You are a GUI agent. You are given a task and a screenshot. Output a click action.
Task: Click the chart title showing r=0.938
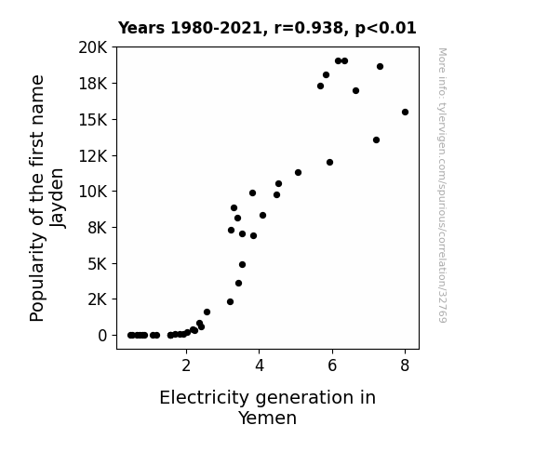[267, 28]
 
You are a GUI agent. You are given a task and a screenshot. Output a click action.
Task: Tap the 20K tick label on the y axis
[93, 47]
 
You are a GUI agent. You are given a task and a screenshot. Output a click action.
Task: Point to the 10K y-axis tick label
[93, 192]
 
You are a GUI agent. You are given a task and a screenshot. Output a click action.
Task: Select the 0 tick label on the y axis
[102, 336]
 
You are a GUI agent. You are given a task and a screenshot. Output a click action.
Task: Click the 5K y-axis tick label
[98, 264]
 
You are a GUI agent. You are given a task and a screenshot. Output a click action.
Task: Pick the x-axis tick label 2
[186, 365]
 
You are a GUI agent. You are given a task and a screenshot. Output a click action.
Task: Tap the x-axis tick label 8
[405, 365]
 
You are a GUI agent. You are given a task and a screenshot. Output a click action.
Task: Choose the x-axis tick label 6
[332, 365]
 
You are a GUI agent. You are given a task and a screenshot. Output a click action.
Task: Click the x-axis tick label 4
[260, 365]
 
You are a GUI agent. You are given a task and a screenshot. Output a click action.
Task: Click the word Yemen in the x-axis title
[268, 418]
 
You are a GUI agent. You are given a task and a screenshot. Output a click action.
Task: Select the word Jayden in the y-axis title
[57, 198]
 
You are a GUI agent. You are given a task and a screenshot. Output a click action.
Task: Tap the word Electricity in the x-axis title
[205, 398]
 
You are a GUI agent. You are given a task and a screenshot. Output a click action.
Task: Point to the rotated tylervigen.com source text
[443, 185]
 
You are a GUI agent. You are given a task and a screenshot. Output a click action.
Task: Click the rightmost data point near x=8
[405, 113]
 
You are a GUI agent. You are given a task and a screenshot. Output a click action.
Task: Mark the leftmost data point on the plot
[130, 336]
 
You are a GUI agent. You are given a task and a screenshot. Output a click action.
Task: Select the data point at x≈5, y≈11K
[299, 173]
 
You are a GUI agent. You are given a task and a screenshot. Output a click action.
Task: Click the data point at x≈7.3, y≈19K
[381, 67]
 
